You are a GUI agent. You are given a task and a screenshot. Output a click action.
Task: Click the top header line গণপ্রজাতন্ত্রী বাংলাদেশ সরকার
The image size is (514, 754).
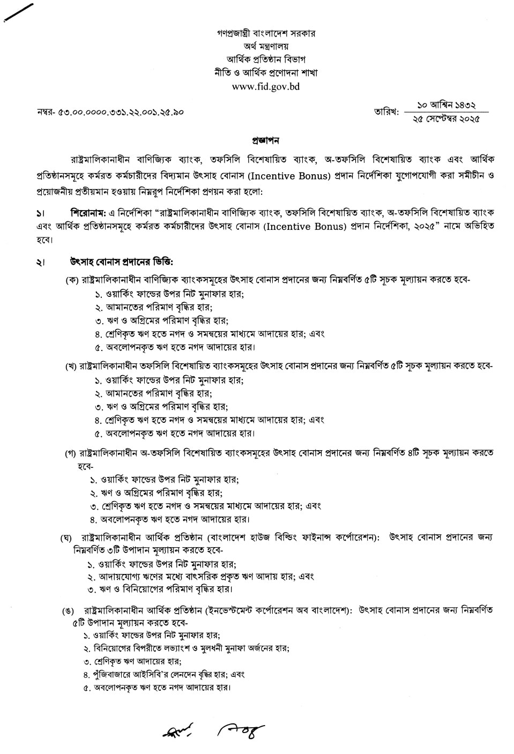(266, 33)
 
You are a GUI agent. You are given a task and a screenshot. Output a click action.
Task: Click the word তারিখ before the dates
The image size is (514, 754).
(386, 112)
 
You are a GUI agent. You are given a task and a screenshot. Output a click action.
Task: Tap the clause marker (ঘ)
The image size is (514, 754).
(66, 537)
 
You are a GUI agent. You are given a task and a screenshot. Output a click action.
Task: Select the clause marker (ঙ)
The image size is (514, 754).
(68, 611)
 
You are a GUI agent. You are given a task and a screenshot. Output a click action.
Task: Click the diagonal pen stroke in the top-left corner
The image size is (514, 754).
(17, 11)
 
